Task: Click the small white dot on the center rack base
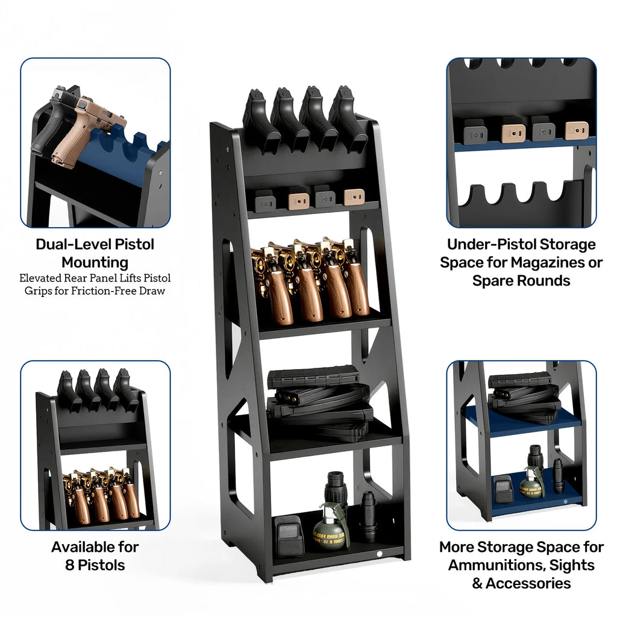(x=380, y=553)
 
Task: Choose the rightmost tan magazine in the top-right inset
(x=576, y=130)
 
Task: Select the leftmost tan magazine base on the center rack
(x=299, y=198)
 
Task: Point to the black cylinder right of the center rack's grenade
(x=368, y=516)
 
